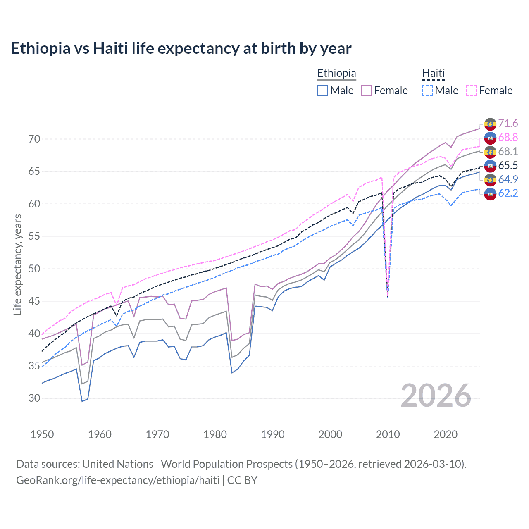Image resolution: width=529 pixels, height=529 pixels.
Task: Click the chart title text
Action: click(x=181, y=48)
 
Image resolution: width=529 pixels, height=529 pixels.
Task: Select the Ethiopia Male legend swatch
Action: click(x=323, y=91)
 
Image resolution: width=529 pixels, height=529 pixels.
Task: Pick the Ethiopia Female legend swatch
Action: click(x=367, y=91)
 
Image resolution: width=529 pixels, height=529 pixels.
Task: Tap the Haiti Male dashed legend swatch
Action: click(x=427, y=91)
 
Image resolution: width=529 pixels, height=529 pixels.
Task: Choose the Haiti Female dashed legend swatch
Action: click(x=472, y=91)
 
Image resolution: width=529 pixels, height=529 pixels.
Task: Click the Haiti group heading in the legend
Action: click(x=434, y=74)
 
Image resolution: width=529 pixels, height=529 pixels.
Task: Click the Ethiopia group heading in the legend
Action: click(x=336, y=74)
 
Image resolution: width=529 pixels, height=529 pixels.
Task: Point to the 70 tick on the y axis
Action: click(x=34, y=139)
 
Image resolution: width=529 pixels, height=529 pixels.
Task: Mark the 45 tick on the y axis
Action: click(x=34, y=301)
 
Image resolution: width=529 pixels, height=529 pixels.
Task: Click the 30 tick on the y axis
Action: click(x=34, y=398)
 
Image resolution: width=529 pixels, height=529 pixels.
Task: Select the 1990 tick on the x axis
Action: click(x=273, y=434)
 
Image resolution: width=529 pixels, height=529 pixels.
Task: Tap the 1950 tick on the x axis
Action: click(x=42, y=434)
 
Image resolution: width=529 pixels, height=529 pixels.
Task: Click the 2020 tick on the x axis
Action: click(x=446, y=434)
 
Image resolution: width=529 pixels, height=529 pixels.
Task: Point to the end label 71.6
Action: click(x=508, y=124)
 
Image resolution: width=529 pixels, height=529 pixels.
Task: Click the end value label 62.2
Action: click(x=508, y=193)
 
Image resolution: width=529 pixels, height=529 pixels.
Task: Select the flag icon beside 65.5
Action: click(x=490, y=166)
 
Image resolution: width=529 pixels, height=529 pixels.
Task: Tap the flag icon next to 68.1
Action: click(x=490, y=152)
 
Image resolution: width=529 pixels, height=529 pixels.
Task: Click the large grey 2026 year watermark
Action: click(x=436, y=396)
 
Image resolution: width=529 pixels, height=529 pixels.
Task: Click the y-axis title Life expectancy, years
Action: click(x=17, y=264)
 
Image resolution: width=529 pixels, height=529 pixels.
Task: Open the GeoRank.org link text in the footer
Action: click(x=118, y=480)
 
